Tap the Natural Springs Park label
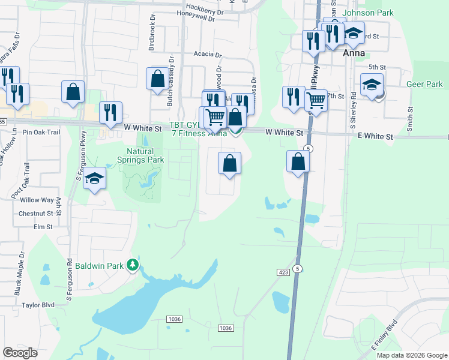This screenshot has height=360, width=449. tap(140, 156)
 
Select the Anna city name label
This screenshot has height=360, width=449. tap(354, 53)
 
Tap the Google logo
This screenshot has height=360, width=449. tap(20, 352)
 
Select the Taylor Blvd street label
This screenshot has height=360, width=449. tap(38, 305)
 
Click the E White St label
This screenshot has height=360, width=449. tap(375, 137)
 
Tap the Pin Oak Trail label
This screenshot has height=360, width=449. tap(41, 132)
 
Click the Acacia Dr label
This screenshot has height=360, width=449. tap(208, 53)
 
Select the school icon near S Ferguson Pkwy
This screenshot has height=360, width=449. tap(94, 179)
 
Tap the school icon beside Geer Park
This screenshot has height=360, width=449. tap(372, 85)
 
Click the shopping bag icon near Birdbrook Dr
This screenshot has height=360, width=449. tap(157, 79)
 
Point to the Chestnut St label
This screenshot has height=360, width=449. tap(36, 213)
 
